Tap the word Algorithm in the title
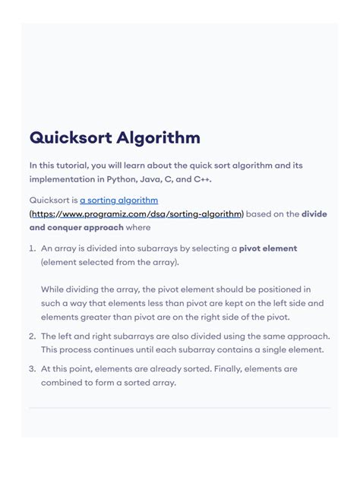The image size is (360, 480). pos(158,138)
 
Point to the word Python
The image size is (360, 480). pos(118,179)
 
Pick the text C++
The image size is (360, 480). pos(201,179)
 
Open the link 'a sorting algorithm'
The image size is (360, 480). pos(118,201)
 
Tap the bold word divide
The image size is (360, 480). pos(314,214)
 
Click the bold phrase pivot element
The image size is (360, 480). pos(268,248)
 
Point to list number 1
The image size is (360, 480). pos(33,248)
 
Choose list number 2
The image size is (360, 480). pos(33,336)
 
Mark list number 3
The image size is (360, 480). pos(33,368)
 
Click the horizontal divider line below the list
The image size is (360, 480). pos(180,408)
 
